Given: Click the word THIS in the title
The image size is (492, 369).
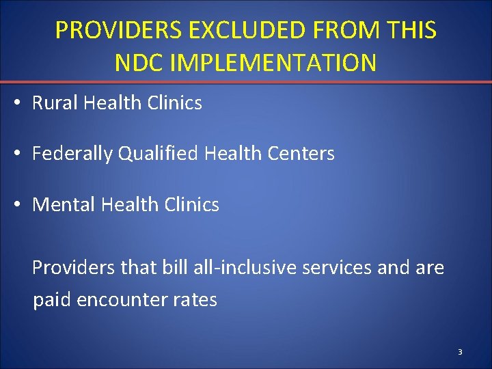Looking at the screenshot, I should click(410, 31).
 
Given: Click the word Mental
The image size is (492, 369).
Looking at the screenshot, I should click(61, 204).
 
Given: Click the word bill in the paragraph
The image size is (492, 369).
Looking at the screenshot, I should click(173, 267).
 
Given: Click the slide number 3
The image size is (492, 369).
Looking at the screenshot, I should click(460, 352).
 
